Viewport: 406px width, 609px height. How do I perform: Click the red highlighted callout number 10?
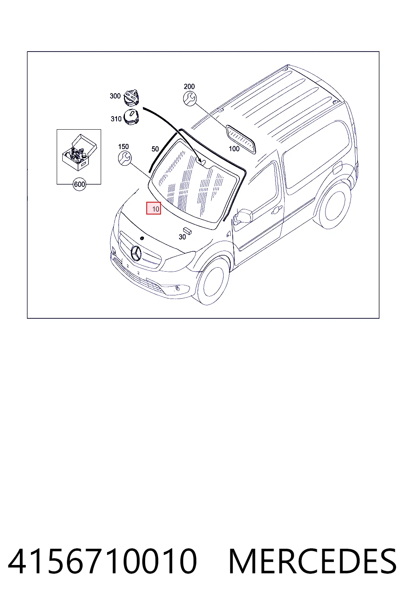[154, 208]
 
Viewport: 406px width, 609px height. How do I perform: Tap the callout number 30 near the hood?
[182, 237]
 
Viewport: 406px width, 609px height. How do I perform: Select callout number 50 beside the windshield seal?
[155, 149]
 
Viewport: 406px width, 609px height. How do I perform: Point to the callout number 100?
[234, 149]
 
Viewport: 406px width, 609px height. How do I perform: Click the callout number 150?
[123, 147]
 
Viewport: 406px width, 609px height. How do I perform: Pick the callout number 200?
[189, 86]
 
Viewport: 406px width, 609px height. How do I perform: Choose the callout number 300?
[115, 96]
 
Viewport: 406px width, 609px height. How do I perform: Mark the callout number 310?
[116, 119]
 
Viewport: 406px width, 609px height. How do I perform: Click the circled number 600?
[79, 184]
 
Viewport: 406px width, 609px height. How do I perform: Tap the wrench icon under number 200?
[190, 99]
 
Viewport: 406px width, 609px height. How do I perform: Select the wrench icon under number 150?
[125, 159]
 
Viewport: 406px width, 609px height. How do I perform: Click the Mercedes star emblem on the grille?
[136, 253]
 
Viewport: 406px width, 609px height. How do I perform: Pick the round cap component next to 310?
[131, 117]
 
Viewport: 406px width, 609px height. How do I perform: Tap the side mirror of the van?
[243, 216]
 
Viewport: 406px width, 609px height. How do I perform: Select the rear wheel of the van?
[335, 205]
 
